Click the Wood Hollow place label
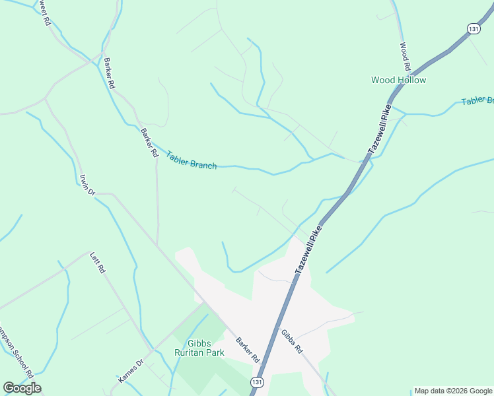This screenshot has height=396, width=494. pos(398,80)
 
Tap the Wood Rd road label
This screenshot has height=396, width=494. pos(406,57)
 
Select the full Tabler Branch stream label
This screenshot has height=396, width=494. pos(192,160)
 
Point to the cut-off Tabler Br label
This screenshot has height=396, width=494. pos(477,100)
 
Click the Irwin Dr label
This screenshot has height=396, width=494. pos(87,184)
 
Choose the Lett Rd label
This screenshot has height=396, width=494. pos(98,262)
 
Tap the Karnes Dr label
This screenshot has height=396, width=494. pos(130,372)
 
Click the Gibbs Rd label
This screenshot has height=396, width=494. pos(291,341)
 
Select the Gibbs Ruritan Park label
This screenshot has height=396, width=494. pos(199,347)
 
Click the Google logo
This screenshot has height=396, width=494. pos(22,388)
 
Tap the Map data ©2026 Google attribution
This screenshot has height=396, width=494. pos(452,391)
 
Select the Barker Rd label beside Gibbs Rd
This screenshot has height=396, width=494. pos(248,349)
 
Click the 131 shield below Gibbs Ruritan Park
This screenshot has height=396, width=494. pos(256,382)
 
